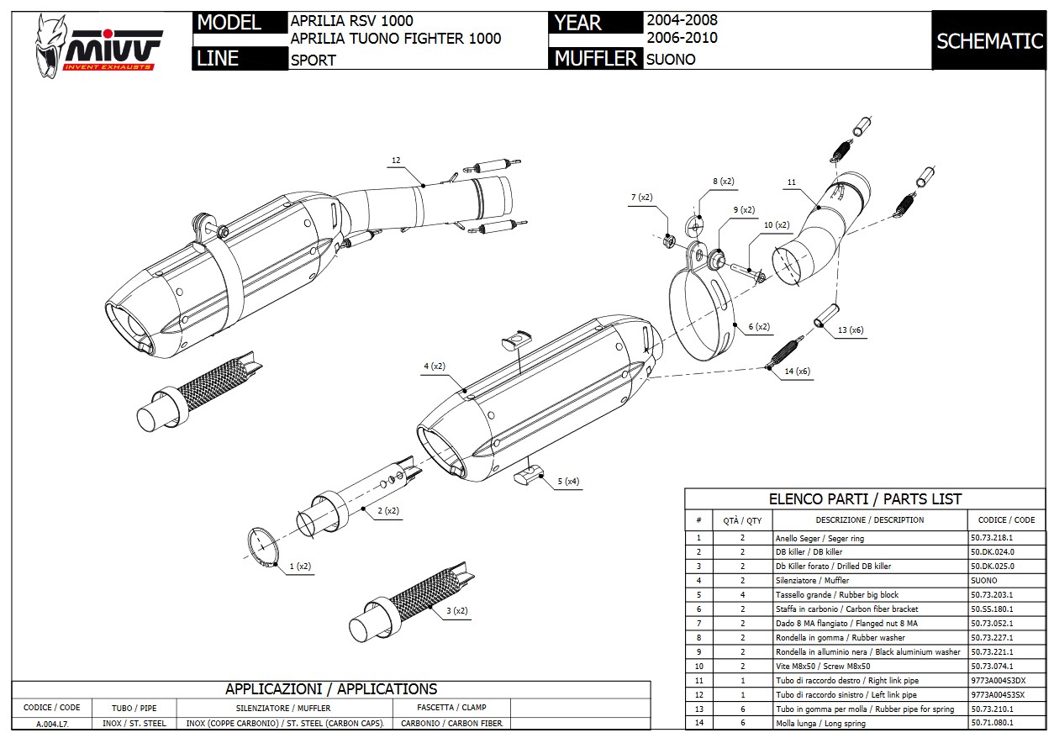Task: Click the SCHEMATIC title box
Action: coord(989,41)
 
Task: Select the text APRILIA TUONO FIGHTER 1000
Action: coord(395,39)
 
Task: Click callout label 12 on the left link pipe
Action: coord(396,160)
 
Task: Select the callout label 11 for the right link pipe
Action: coord(791,182)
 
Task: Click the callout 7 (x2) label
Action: coord(642,198)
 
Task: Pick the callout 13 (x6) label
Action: coord(850,330)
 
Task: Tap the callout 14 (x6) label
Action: coord(797,372)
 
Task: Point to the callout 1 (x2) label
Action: coord(300,567)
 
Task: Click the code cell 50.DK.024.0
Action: coord(993,552)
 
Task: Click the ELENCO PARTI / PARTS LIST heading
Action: coord(865,499)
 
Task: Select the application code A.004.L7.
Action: coord(52,724)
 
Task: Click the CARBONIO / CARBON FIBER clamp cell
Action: coord(451,724)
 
